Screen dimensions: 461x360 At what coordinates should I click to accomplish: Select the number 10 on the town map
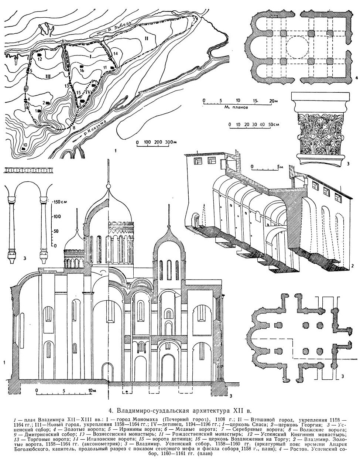click(25, 144)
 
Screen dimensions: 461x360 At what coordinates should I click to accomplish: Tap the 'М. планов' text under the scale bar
click(237, 106)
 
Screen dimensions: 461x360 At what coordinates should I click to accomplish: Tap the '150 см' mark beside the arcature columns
click(58, 202)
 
